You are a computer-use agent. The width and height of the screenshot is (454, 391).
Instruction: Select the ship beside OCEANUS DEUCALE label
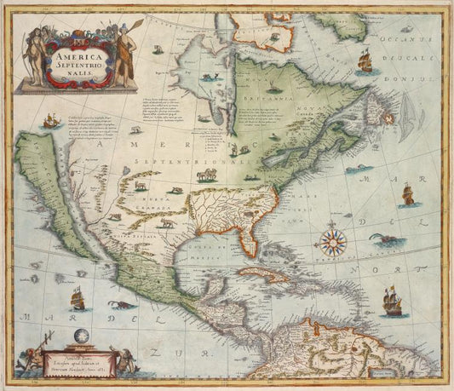coord(364,60)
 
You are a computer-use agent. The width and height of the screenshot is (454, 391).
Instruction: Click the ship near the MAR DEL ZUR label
coord(78,298)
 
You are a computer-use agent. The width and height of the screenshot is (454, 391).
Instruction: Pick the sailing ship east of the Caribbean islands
coord(393,302)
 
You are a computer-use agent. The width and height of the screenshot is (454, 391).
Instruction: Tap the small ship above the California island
coord(50,121)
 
